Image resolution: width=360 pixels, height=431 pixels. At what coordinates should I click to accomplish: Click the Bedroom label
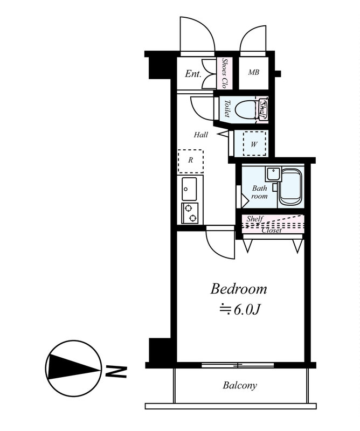click(x=238, y=289)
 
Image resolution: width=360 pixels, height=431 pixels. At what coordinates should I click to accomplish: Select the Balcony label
click(x=240, y=385)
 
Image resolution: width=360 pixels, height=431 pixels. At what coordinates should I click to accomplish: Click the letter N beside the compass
click(x=116, y=371)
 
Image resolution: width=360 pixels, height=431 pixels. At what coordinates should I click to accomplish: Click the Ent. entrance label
click(x=193, y=74)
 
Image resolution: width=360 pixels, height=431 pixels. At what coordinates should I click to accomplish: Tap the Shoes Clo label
click(x=225, y=73)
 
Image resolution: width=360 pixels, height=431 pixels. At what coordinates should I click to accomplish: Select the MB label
click(x=254, y=72)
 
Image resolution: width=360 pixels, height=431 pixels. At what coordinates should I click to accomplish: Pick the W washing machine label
click(x=254, y=144)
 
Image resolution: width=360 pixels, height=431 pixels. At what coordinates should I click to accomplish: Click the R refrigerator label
click(x=191, y=160)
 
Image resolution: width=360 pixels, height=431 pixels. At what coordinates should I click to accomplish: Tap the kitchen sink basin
click(x=190, y=189)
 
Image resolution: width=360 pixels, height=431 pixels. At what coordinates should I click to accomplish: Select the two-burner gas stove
click(x=190, y=213)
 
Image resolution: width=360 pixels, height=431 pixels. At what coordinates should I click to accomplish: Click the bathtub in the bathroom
click(x=290, y=187)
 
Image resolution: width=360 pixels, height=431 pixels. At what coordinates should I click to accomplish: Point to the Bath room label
click(x=259, y=192)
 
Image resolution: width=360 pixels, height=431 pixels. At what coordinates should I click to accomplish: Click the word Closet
click(x=272, y=231)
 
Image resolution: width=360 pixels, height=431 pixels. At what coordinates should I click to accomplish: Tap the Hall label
click(x=201, y=135)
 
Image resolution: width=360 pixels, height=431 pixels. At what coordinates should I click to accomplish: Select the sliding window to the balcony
click(x=238, y=365)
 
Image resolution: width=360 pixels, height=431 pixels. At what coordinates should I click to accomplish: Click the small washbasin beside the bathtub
click(x=273, y=173)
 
